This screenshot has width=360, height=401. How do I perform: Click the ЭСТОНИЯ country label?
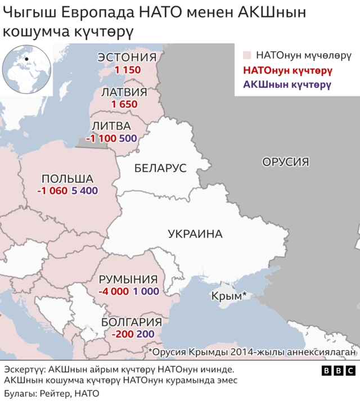pos(127,57)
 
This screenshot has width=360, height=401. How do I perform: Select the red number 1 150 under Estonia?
pos(127,70)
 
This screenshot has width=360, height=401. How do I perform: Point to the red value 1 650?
pos(124,104)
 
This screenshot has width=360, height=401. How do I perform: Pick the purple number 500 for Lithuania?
pos(128,138)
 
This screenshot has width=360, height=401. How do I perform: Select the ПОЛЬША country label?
pos(67,178)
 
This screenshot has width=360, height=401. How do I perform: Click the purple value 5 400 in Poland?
pos(85,191)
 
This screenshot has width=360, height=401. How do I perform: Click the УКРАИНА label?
pos(195,234)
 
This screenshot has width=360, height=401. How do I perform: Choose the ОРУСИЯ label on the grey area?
pos(286,162)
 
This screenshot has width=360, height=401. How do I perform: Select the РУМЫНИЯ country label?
pos(128,280)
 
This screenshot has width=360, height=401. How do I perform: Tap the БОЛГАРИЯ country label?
pos(132,322)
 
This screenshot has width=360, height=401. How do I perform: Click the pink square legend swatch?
pos(246,56)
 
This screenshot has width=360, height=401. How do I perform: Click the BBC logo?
pos(338,371)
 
